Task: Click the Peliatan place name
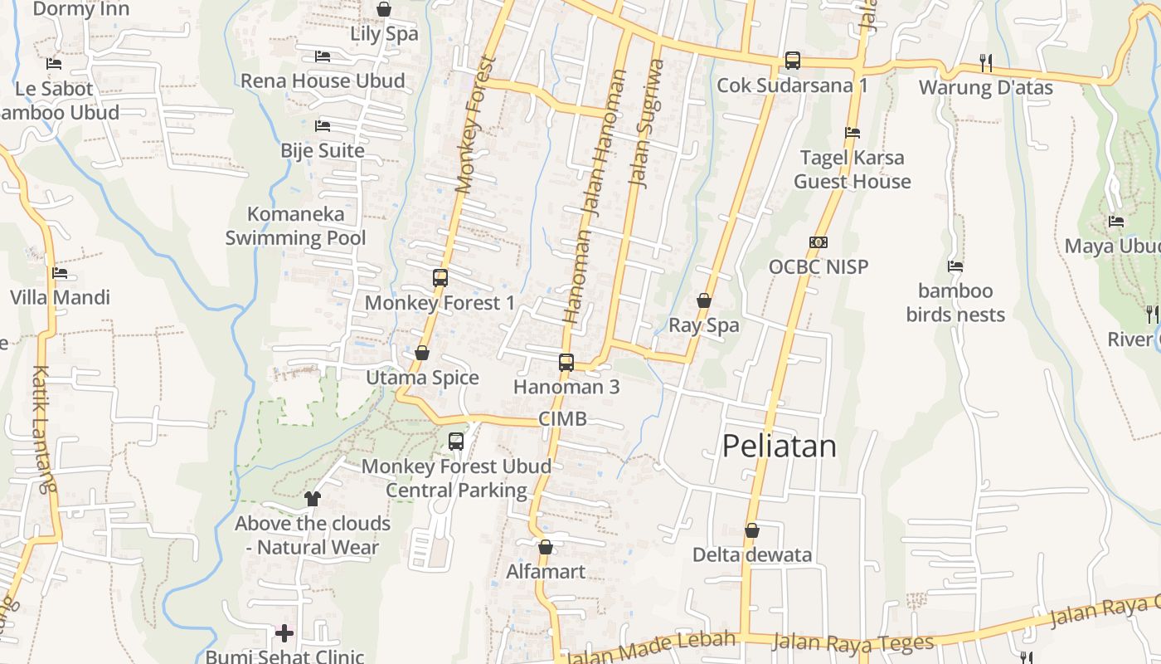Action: coord(780,447)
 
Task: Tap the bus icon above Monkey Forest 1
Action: coord(440,278)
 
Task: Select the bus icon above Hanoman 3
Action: coord(566,362)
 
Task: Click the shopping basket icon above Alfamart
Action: coord(546,547)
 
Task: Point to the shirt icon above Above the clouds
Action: coord(313,498)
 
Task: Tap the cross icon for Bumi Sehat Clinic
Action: coord(284,633)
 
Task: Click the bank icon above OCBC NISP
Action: coord(819,242)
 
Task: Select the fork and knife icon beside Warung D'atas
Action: coord(986,62)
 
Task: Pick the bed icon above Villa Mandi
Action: coord(60,272)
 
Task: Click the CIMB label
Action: coord(563,419)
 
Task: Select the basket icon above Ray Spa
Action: coord(704,300)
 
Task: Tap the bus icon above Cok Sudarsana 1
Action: coord(793,61)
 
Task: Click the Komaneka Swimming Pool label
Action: coord(295,226)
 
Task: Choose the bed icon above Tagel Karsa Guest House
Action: coord(852,133)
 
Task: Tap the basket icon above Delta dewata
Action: coord(752,530)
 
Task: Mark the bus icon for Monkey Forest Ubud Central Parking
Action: coord(456,442)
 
